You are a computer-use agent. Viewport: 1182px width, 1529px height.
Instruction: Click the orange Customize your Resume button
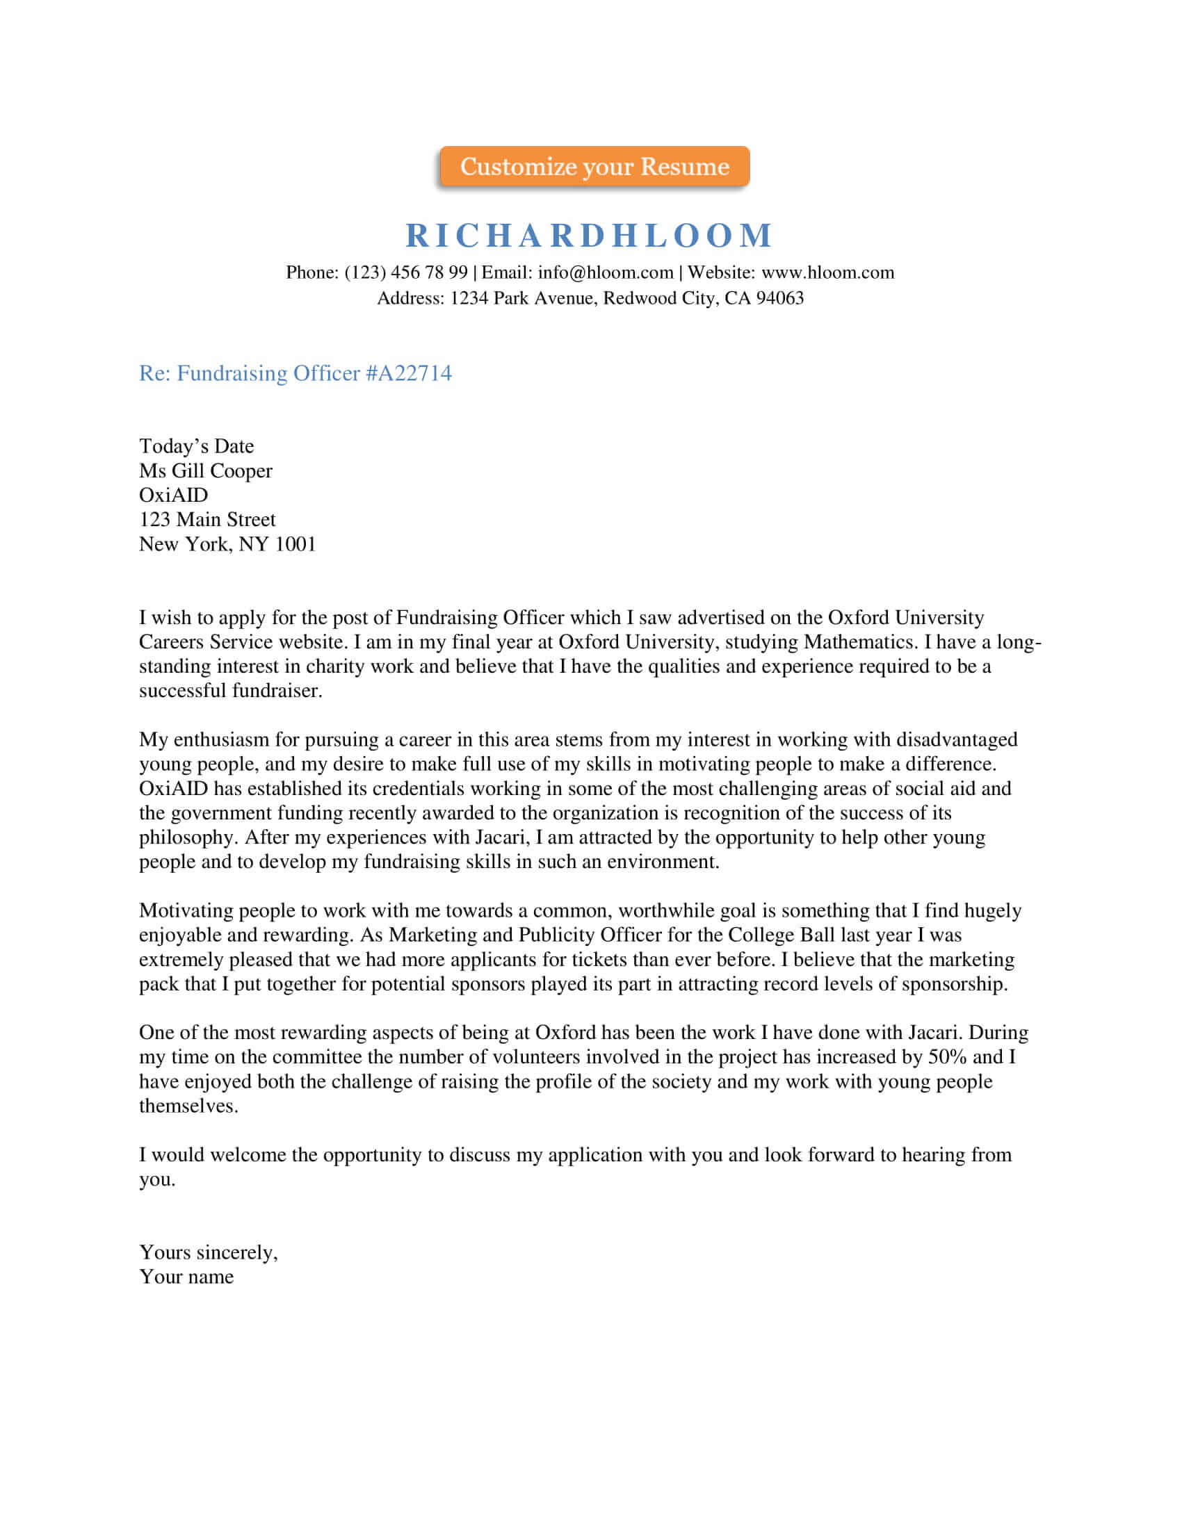click(x=594, y=167)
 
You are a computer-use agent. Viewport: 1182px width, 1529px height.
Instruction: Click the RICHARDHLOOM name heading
click(x=590, y=235)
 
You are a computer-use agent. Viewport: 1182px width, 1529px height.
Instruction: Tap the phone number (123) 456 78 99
click(x=406, y=272)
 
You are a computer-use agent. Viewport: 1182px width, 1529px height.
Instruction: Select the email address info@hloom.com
click(x=605, y=272)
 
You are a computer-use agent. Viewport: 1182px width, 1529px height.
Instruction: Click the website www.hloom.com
click(x=827, y=272)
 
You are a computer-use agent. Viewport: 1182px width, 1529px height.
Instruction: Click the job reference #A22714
click(x=409, y=373)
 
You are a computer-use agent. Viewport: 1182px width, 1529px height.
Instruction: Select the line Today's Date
click(x=196, y=446)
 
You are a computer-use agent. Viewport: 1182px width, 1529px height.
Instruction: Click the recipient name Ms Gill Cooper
click(x=205, y=471)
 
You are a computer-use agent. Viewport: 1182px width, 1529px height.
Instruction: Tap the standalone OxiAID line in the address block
click(x=173, y=495)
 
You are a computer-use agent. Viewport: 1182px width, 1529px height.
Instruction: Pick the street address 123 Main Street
click(x=207, y=519)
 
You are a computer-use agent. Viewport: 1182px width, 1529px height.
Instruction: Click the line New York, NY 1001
click(x=227, y=544)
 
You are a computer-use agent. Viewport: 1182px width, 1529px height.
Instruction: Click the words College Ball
click(x=782, y=935)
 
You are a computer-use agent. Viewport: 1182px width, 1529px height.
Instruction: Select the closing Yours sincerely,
click(x=208, y=1252)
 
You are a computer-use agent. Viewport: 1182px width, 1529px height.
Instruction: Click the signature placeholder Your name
click(x=186, y=1276)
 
